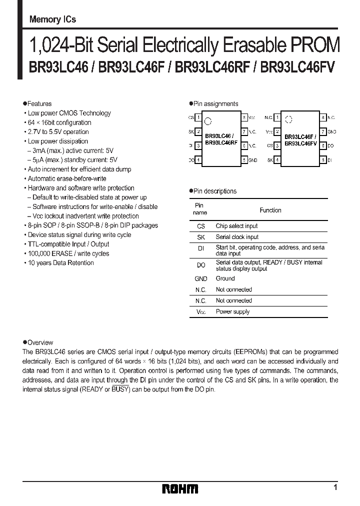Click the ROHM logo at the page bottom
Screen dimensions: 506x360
tap(180, 488)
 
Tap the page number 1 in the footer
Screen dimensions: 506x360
tap(335, 487)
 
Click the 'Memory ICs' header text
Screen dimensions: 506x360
tap(52, 20)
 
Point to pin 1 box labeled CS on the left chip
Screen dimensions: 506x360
tap(198, 117)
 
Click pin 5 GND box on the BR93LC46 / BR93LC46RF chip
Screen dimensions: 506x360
tap(244, 160)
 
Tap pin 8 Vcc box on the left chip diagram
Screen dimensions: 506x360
tap(244, 117)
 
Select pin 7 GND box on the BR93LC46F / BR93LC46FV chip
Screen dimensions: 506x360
tap(323, 131)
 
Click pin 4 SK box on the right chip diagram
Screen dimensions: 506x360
tap(277, 160)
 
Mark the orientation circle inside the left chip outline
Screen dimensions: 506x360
tap(209, 120)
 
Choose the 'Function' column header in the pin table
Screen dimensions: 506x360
tap(270, 210)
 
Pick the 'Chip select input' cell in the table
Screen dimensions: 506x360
tap(236, 226)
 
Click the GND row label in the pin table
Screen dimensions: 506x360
tap(200, 278)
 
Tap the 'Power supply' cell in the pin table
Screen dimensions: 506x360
tap(232, 311)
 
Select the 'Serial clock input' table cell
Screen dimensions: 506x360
tap(237, 237)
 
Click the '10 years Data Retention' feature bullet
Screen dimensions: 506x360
tap(60, 263)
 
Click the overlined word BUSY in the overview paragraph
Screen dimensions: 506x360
tap(120, 389)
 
